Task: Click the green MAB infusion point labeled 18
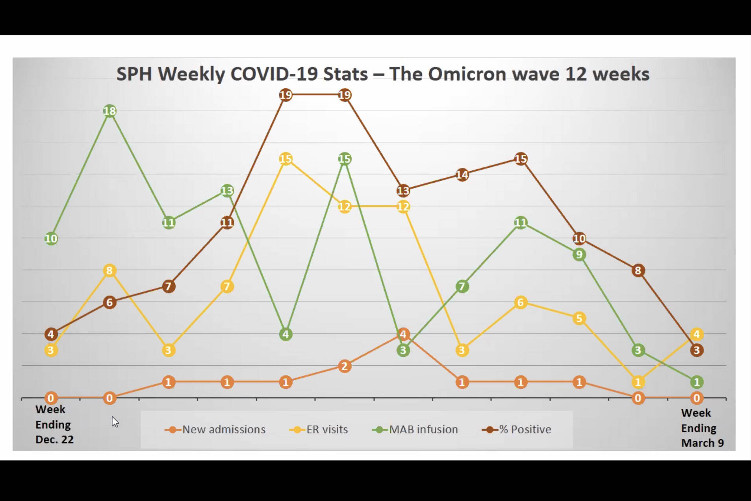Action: click(109, 111)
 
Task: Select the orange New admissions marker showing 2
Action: click(345, 366)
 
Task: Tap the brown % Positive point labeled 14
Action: click(462, 175)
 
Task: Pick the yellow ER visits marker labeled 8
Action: click(109, 271)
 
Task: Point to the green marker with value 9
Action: click(579, 254)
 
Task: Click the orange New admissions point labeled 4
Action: click(403, 334)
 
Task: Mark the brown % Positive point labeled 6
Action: click(109, 302)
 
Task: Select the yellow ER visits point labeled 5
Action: click(579, 318)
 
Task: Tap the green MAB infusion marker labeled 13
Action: click(227, 191)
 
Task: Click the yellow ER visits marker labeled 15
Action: click(286, 159)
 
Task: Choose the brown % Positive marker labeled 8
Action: click(638, 271)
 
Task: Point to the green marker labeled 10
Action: click(51, 239)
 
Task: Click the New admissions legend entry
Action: click(215, 429)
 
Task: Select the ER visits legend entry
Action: click(319, 429)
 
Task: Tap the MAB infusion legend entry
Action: click(415, 429)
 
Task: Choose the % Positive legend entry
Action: click(517, 429)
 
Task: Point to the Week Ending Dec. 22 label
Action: click(54, 425)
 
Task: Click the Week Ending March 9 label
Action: click(702, 428)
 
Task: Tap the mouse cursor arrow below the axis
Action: click(115, 421)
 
